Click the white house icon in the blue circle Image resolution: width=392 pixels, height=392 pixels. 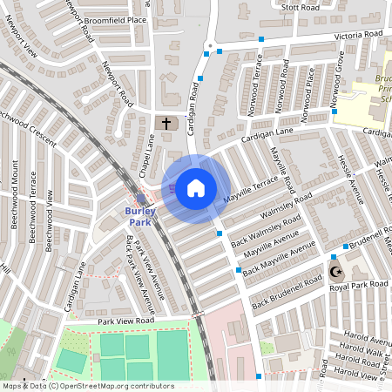coord(196,187)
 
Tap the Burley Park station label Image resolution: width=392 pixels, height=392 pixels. coord(140,217)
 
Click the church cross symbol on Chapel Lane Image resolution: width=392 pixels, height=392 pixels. coord(166,124)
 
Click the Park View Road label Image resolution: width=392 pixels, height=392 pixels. coord(125,321)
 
